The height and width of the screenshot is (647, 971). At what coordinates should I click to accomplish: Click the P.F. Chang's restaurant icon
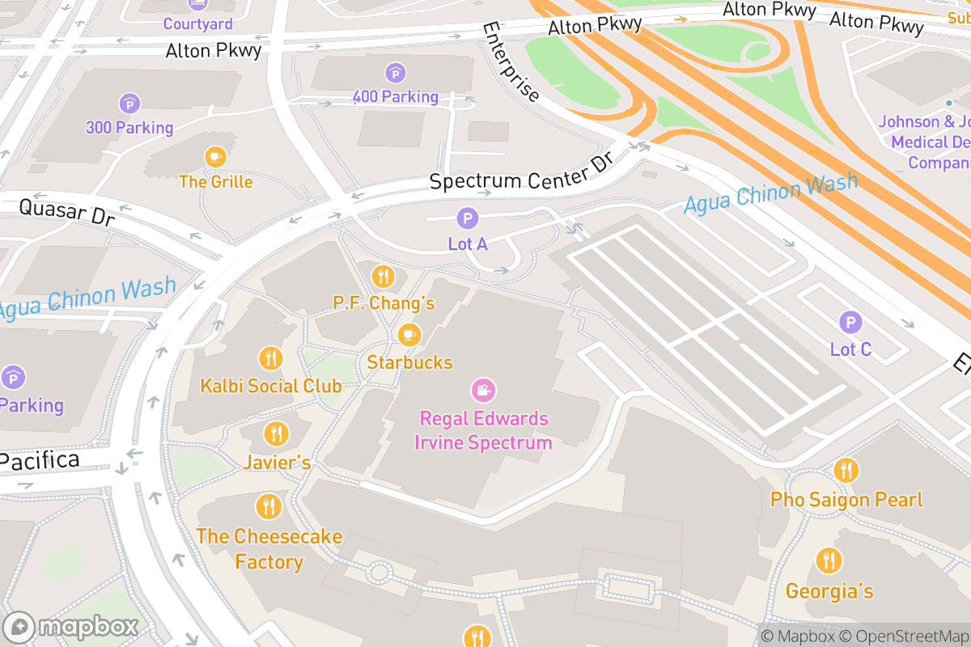coord(383,277)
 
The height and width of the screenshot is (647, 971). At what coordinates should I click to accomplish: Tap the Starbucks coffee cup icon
coord(409,334)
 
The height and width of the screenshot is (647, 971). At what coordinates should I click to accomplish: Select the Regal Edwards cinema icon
coord(483,391)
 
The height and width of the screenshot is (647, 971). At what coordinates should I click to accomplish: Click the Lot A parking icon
coord(467,218)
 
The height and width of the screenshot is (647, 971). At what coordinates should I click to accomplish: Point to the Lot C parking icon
coord(850,323)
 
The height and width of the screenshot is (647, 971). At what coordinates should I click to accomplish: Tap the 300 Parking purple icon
coord(129,104)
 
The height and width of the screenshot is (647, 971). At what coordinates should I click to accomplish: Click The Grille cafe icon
coord(215,157)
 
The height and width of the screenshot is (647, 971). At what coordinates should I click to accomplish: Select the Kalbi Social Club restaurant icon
coord(270,358)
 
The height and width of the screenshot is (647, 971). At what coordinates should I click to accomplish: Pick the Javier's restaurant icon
coord(277,434)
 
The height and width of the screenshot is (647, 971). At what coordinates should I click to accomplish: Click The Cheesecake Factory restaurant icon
coord(269,507)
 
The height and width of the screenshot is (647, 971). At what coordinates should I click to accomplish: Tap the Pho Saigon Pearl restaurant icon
coord(846,470)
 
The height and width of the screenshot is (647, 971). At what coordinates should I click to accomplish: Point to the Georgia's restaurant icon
coord(829,560)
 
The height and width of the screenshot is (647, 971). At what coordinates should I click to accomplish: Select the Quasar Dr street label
coord(66,212)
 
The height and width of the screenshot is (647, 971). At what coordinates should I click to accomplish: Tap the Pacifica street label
coord(40,462)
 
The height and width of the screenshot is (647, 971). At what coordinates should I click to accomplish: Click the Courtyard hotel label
coord(197,24)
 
